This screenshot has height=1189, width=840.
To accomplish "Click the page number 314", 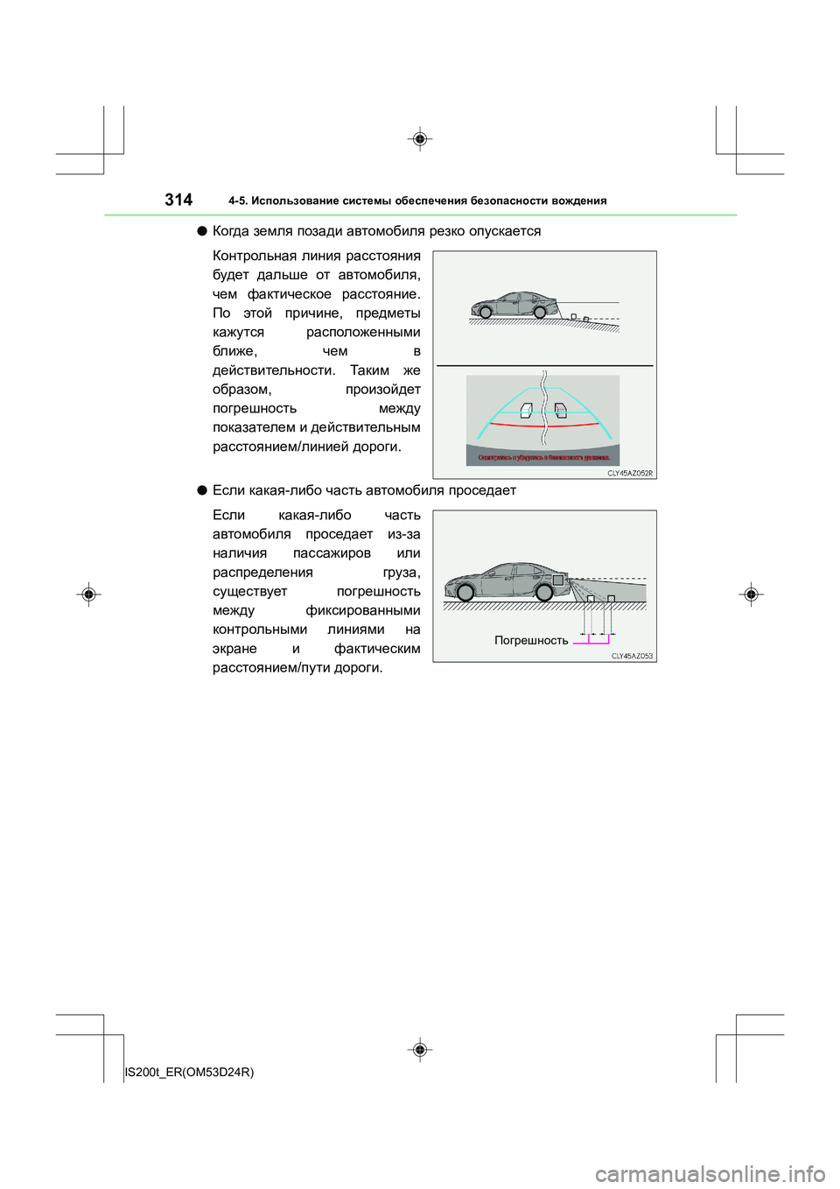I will click(x=178, y=200).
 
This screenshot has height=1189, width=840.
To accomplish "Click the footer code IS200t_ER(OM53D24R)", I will click(x=190, y=1072).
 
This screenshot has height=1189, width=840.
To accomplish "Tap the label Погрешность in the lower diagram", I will click(x=531, y=640).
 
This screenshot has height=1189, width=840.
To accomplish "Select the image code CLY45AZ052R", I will click(x=630, y=473).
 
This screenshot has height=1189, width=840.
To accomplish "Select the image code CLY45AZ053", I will click(x=632, y=656).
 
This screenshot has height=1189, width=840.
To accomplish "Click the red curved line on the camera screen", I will click(x=542, y=425).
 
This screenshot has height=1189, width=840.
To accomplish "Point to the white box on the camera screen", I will click(x=526, y=410).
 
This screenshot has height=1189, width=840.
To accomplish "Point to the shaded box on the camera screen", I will click(x=560, y=410).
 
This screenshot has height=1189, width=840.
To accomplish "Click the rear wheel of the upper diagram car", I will click(x=540, y=313).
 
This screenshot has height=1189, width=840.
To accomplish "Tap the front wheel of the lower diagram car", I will click(x=465, y=593).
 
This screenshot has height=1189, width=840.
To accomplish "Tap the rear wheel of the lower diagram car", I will click(x=543, y=593).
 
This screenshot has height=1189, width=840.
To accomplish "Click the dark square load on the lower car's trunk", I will click(x=558, y=580).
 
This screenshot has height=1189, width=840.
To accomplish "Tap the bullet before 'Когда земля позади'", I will click(x=201, y=231).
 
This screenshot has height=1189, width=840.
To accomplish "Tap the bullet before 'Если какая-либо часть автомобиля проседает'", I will click(x=201, y=490).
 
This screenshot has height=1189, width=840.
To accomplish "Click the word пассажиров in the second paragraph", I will click(x=332, y=553).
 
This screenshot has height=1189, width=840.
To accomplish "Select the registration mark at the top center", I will click(x=420, y=139).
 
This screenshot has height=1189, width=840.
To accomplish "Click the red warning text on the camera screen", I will click(x=542, y=457).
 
